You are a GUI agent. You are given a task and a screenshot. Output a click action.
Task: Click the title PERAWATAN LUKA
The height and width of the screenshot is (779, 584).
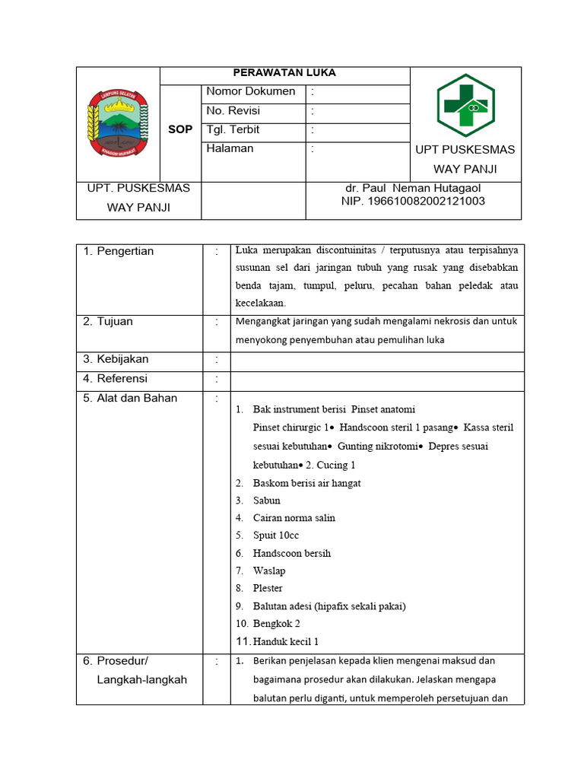pos(284,73)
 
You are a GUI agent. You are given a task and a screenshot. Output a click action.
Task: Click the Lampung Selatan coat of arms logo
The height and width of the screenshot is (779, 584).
pos(118,122)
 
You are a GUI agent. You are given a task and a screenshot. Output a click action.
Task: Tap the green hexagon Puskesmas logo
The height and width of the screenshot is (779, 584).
pos(465,105)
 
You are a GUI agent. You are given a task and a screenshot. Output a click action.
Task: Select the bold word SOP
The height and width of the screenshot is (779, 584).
pos(180,130)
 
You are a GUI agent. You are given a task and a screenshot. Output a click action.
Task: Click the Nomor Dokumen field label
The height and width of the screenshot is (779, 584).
pos(251,92)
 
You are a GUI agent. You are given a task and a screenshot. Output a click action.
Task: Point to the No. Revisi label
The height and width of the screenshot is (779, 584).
pos(233,111)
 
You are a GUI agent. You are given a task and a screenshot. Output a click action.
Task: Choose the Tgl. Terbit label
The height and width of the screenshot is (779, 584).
pos(233,130)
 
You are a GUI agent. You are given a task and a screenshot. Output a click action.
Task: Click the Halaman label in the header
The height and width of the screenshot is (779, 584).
pos(230,149)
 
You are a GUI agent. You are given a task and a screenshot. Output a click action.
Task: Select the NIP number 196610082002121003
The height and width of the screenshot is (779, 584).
pos(413,202)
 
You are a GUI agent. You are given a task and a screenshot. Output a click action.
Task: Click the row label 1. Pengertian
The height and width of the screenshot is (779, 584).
pos(118,252)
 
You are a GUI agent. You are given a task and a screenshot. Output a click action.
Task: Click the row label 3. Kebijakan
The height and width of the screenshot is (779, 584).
pos(116,360)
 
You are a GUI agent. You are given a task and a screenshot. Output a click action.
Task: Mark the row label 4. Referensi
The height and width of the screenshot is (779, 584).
pos(115,379)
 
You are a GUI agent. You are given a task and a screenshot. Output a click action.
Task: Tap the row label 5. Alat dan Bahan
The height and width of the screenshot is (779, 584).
pos(129,398)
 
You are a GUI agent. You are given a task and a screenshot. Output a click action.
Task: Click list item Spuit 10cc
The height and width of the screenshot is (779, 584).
pos(276,536)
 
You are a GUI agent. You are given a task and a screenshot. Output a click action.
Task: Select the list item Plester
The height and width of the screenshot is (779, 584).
pos(268,588)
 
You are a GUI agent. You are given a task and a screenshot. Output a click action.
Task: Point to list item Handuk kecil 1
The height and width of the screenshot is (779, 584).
pos(286,641)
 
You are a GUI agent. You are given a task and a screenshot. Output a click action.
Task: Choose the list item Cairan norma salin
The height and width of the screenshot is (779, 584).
pos(294,518)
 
